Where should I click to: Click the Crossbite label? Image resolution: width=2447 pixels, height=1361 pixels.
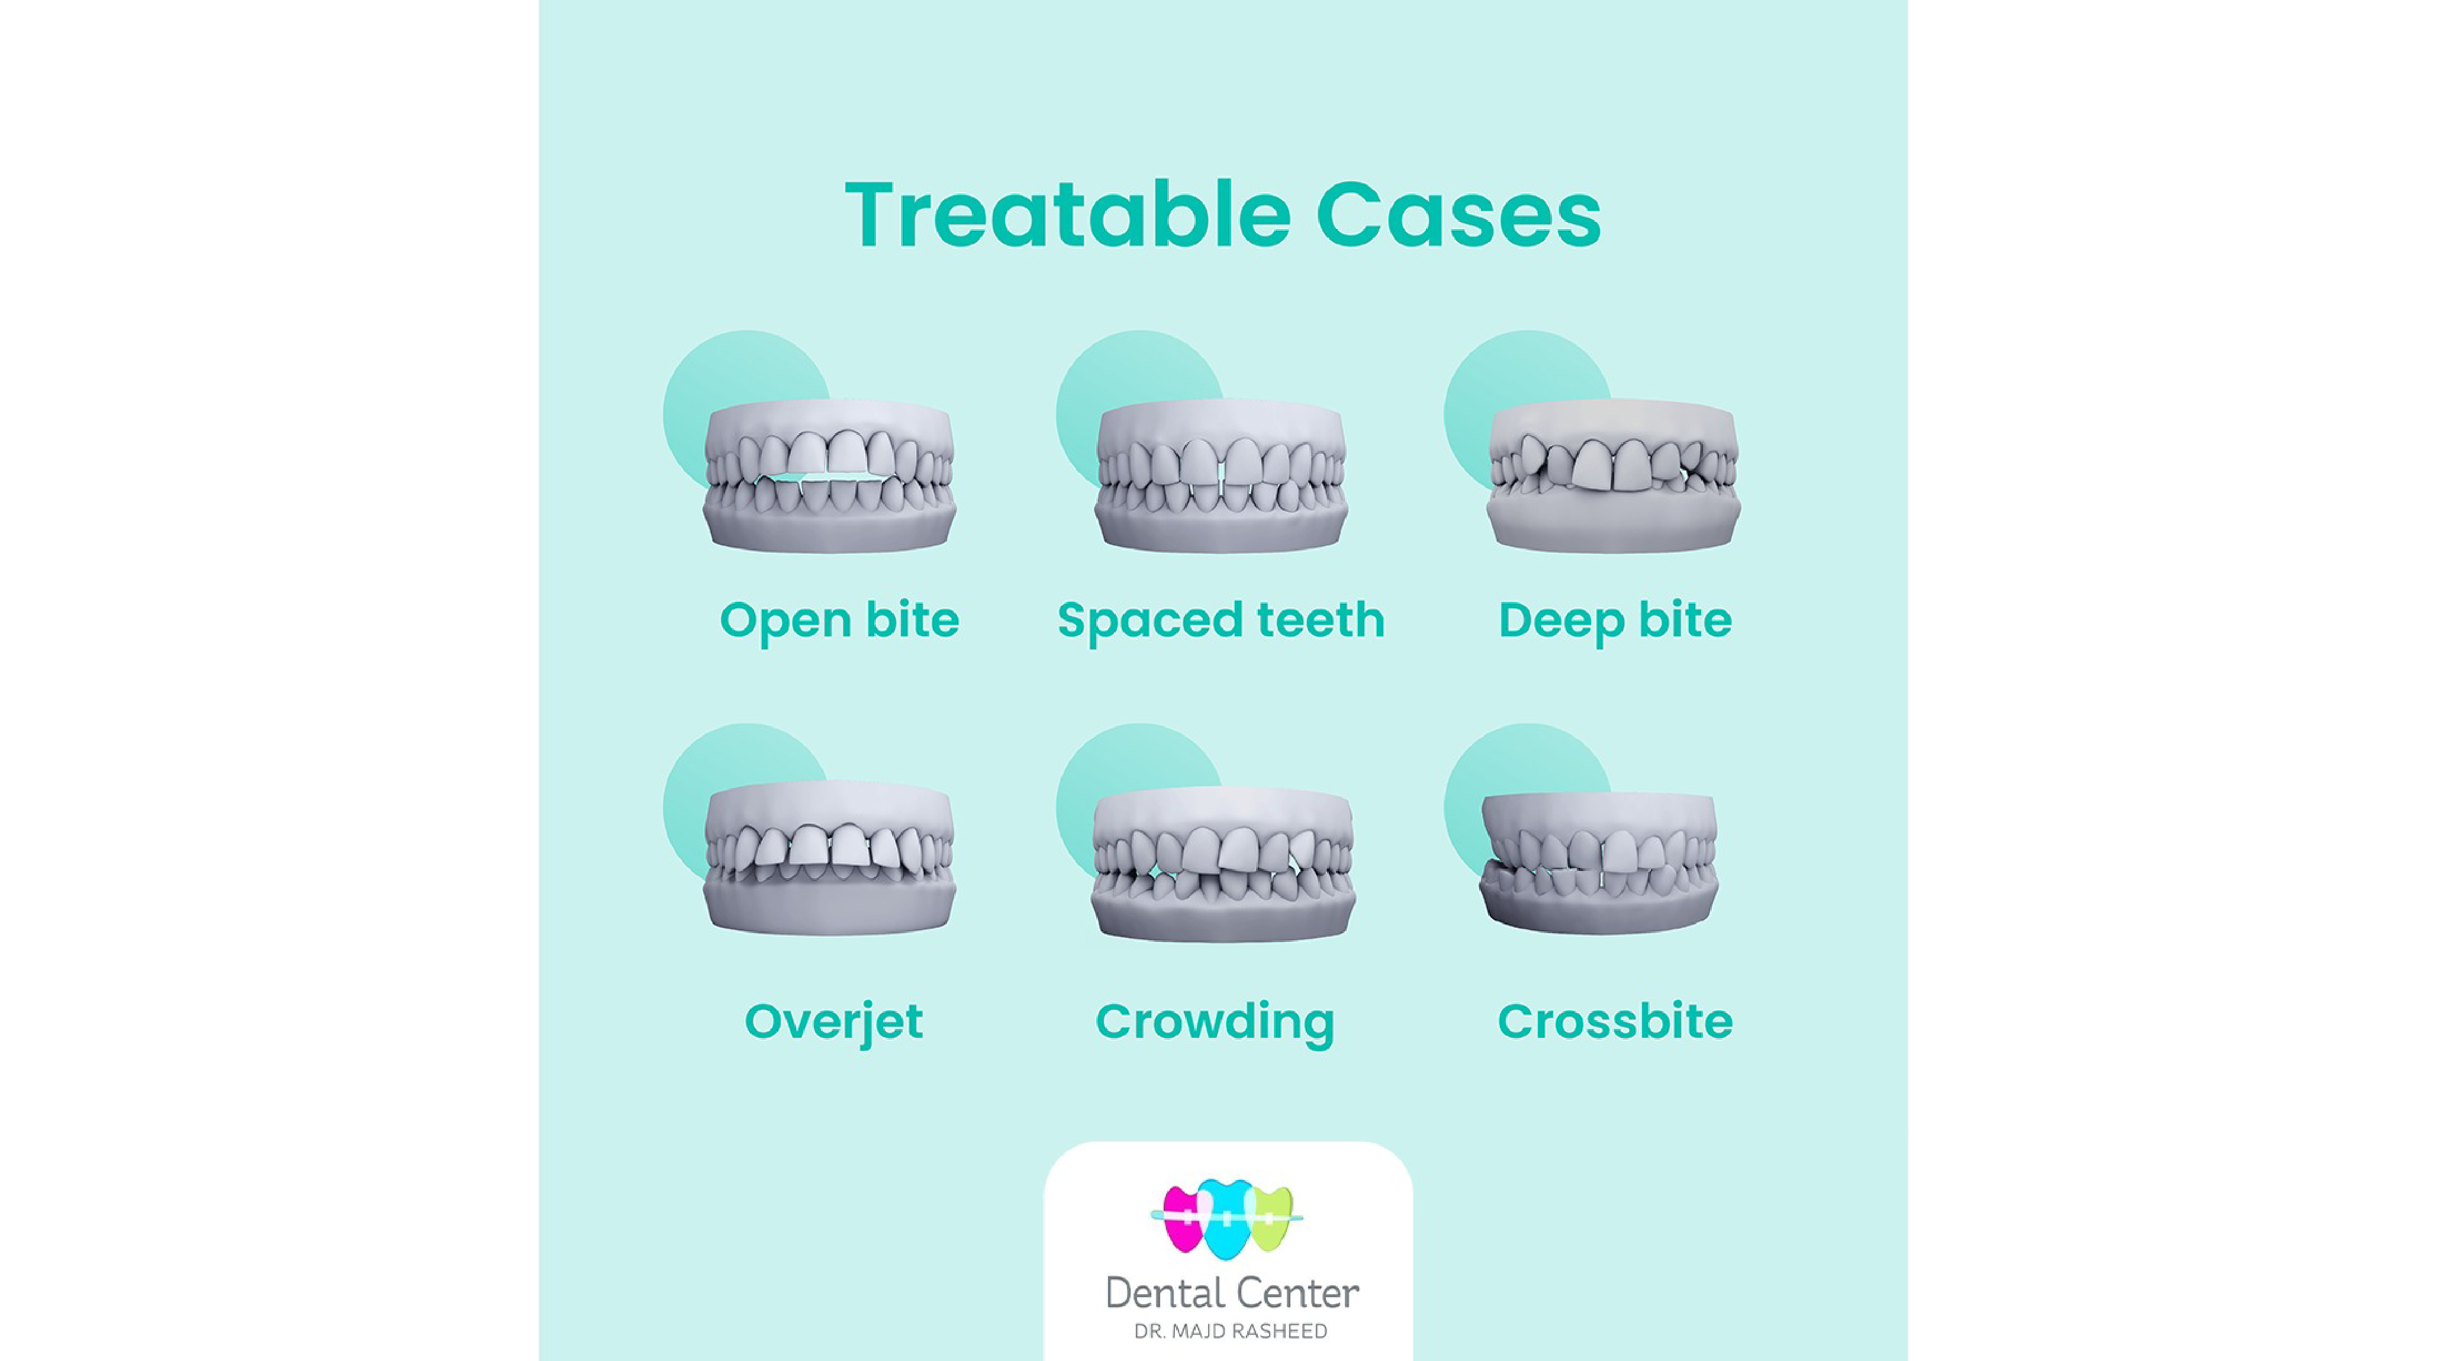(x=1615, y=1022)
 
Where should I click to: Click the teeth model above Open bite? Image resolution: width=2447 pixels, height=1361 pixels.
(x=829, y=475)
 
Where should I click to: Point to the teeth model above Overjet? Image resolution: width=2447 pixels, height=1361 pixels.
(x=829, y=857)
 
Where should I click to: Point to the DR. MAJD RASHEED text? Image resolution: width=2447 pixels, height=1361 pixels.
(x=1231, y=1331)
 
